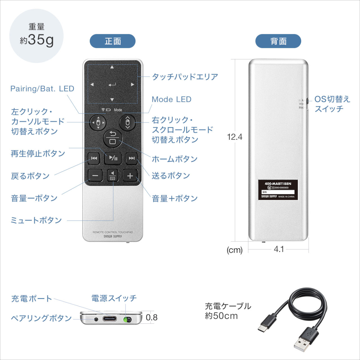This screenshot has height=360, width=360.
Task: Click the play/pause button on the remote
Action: [113, 158]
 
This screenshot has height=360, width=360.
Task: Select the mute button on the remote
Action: [113, 175]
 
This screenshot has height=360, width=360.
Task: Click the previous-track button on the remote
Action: [94, 158]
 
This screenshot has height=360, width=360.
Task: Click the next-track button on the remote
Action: [131, 158]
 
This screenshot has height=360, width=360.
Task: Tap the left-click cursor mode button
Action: [98, 122]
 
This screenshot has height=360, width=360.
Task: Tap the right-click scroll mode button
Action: [127, 122]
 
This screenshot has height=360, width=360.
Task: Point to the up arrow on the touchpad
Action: [112, 67]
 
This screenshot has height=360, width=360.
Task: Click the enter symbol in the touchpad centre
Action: [112, 85]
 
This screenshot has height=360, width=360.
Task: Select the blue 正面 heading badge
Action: [112, 41]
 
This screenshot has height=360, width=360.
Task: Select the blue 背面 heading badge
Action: [278, 41]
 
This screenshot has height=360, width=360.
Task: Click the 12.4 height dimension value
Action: [235, 137]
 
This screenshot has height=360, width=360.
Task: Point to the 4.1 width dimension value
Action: [279, 249]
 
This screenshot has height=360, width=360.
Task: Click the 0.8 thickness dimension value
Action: [151, 317]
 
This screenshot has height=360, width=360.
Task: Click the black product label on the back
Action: [278, 190]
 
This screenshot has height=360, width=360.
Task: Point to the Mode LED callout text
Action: [171, 99]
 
